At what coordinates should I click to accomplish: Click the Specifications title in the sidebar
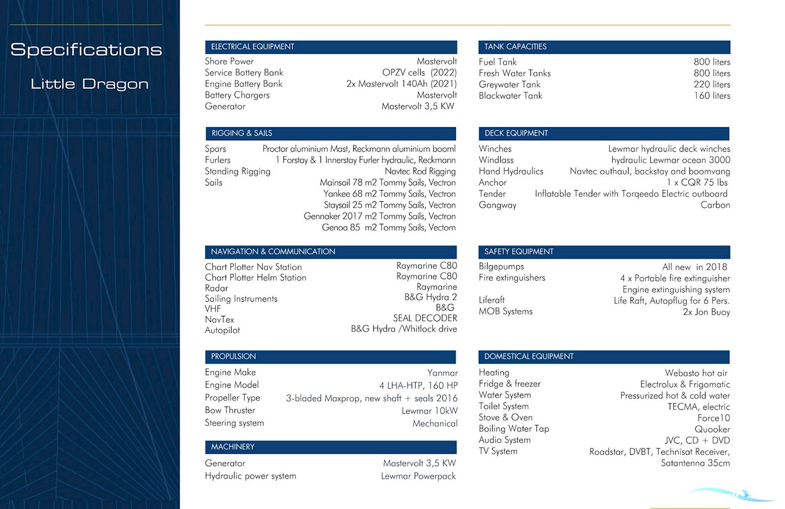(x=86, y=49)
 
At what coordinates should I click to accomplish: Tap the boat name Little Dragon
(x=90, y=83)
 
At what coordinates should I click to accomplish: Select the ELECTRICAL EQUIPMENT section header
(x=253, y=47)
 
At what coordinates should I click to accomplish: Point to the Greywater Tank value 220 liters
(x=712, y=84)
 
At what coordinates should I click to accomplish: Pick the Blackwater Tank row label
(x=510, y=96)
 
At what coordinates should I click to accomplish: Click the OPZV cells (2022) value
(x=419, y=72)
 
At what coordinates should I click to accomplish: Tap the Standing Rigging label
(x=238, y=172)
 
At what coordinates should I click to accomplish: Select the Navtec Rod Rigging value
(x=420, y=172)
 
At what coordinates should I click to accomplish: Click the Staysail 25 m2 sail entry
(x=389, y=205)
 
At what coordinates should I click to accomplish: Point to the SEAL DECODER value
(x=425, y=318)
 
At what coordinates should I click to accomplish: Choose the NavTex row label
(x=219, y=319)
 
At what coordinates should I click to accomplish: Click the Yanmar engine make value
(x=442, y=373)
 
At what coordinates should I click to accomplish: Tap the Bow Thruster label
(x=230, y=410)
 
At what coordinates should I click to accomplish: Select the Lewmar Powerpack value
(x=418, y=476)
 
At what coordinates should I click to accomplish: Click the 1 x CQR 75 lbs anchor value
(x=697, y=183)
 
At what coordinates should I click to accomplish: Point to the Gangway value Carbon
(x=715, y=205)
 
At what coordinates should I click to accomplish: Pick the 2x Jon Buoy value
(x=706, y=312)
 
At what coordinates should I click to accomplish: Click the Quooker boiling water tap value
(x=712, y=430)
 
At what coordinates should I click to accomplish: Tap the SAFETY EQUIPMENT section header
(x=519, y=251)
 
